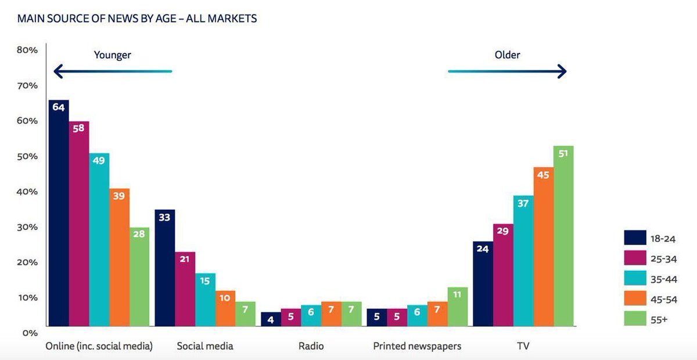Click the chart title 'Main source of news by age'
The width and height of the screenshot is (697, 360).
(x=137, y=19)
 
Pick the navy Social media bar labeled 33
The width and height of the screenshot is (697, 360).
(x=164, y=268)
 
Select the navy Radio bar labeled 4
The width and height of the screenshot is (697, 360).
(x=271, y=319)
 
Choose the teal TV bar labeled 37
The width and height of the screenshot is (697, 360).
(x=523, y=261)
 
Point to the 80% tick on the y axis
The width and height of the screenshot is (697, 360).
(x=27, y=50)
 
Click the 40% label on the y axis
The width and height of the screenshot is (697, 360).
(x=27, y=192)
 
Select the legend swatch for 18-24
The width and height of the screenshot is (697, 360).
(x=635, y=238)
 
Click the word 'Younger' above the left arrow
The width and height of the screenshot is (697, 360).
(x=113, y=55)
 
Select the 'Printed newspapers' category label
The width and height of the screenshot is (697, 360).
(x=417, y=346)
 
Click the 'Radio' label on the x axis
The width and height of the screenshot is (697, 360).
(x=311, y=346)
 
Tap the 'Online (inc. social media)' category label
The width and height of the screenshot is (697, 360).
(x=99, y=346)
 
